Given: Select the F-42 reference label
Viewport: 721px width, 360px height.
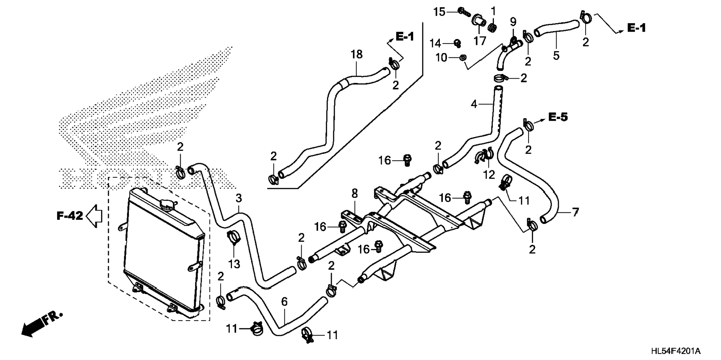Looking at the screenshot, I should coord(69,215).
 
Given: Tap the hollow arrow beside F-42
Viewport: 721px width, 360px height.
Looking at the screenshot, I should coord(94,215).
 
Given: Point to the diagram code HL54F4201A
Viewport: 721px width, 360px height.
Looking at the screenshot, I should coord(676,351).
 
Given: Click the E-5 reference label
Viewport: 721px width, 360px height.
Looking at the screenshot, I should coord(558,117).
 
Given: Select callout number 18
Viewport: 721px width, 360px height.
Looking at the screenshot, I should coord(356,54).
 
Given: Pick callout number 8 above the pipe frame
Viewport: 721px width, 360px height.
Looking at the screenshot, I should coord(355,193).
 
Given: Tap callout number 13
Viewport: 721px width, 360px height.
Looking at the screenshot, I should coord(234,264).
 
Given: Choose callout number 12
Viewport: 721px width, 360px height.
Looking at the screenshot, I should coord(489,174).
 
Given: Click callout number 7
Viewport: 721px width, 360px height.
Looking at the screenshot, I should coord(575,212).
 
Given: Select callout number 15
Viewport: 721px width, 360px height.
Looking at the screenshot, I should coord(440,12).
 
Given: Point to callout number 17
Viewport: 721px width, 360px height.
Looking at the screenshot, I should coord(480,40).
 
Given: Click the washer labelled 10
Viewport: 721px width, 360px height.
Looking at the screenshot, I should coord(462,57).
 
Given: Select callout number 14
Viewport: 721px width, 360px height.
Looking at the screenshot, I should coord(435,44).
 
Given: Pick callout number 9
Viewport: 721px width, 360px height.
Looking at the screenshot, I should coord(513,22).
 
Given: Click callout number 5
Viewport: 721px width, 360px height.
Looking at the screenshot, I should coord(556,56).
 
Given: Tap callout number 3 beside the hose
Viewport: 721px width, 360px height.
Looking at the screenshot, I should coord(239,198).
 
